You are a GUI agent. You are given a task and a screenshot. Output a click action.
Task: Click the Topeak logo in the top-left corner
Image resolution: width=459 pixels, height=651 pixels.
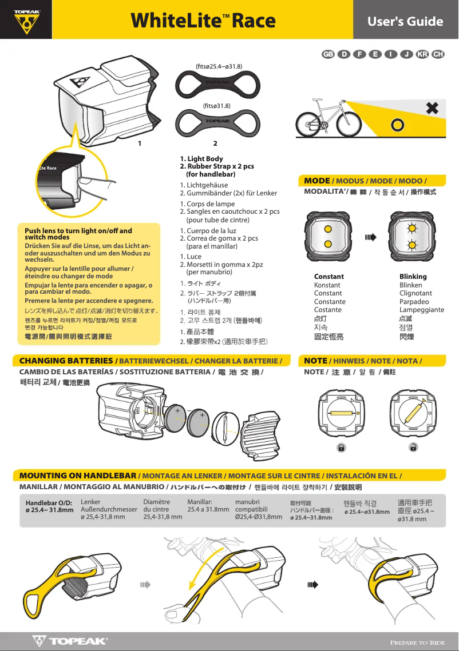(26, 21)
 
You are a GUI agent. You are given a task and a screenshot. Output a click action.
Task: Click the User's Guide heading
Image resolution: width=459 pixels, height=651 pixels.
(405, 22)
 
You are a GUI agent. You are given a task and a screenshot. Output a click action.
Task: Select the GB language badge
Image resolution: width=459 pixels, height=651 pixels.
(328, 54)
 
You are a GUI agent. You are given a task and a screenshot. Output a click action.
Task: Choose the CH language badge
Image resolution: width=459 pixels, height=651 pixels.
(438, 54)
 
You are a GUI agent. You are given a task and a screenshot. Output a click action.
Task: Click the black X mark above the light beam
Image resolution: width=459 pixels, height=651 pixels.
(432, 107)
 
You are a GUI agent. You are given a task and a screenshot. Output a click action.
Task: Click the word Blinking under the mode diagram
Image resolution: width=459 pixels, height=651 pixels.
(413, 277)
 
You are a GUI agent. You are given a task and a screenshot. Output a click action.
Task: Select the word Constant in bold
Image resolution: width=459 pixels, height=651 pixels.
(329, 277)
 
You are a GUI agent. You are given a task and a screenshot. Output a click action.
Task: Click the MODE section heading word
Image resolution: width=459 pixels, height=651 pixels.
(316, 181)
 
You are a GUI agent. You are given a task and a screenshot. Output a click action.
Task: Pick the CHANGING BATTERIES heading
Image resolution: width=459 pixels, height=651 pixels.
(66, 361)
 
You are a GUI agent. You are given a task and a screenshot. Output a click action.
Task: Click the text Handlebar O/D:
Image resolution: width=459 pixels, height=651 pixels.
(49, 502)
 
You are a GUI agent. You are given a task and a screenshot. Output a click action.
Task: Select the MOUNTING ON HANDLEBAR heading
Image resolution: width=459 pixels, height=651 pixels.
(78, 476)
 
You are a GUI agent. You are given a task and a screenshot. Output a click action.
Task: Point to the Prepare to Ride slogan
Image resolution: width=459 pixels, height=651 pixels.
(417, 642)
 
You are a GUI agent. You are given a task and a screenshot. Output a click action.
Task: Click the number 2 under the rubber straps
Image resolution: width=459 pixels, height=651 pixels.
(215, 143)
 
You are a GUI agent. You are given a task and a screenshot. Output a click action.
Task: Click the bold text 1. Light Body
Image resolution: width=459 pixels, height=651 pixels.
(201, 159)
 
